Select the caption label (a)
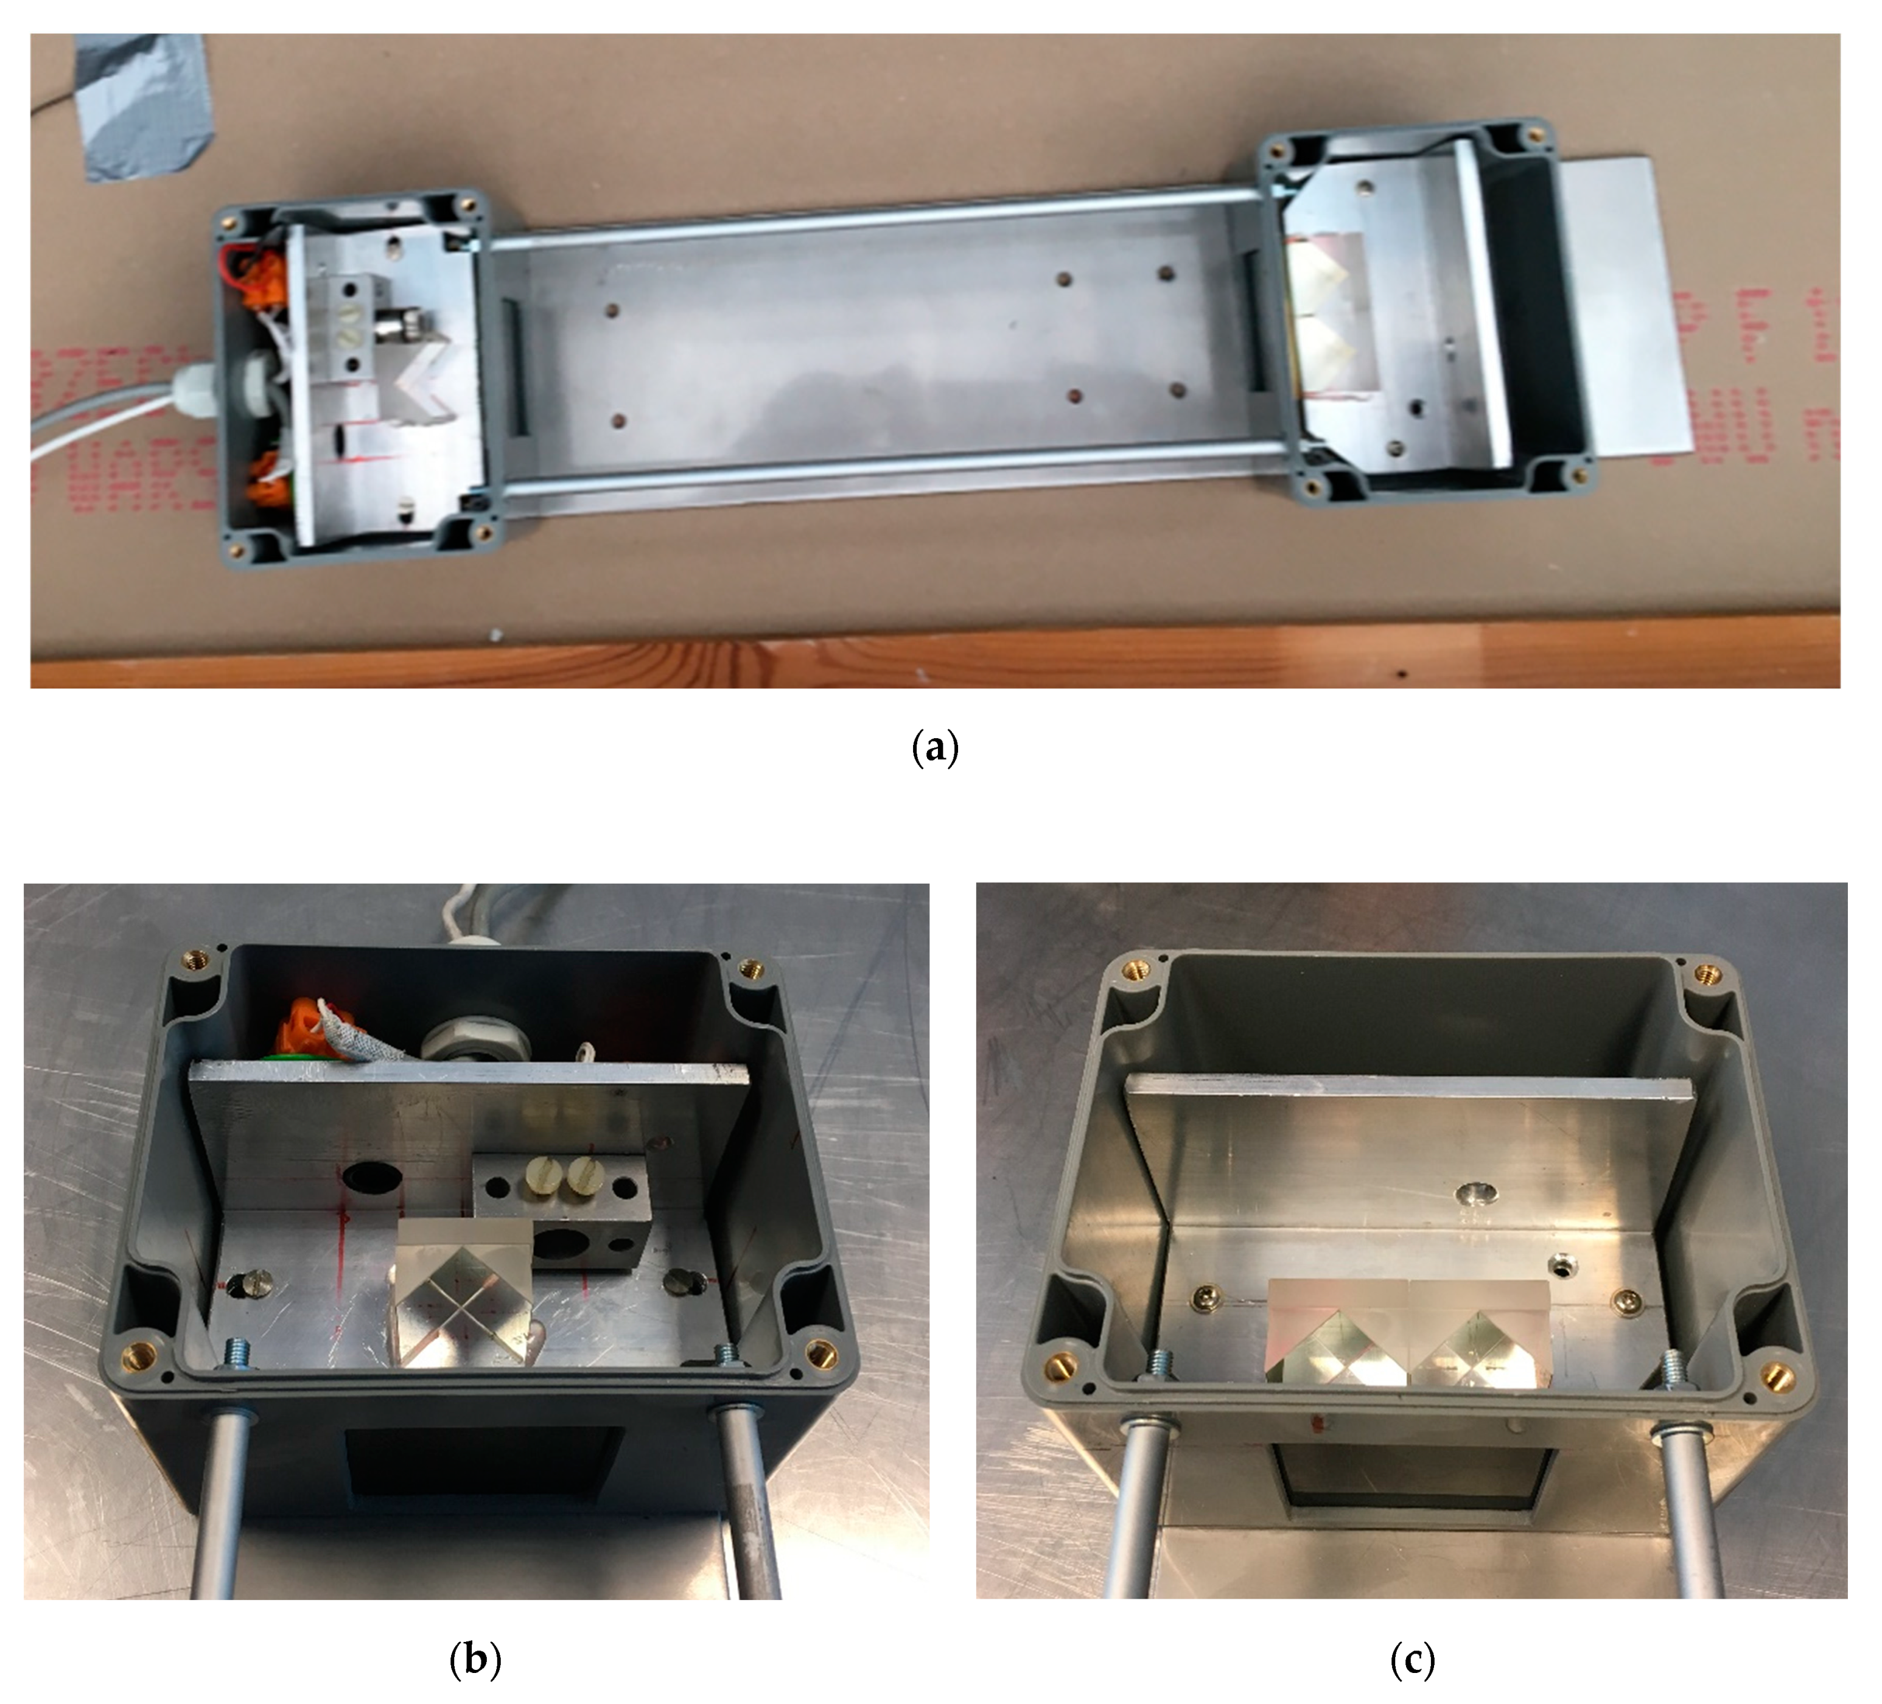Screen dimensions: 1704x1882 pyautogui.click(x=934, y=747)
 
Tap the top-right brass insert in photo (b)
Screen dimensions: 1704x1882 pyautogui.click(x=749, y=969)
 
